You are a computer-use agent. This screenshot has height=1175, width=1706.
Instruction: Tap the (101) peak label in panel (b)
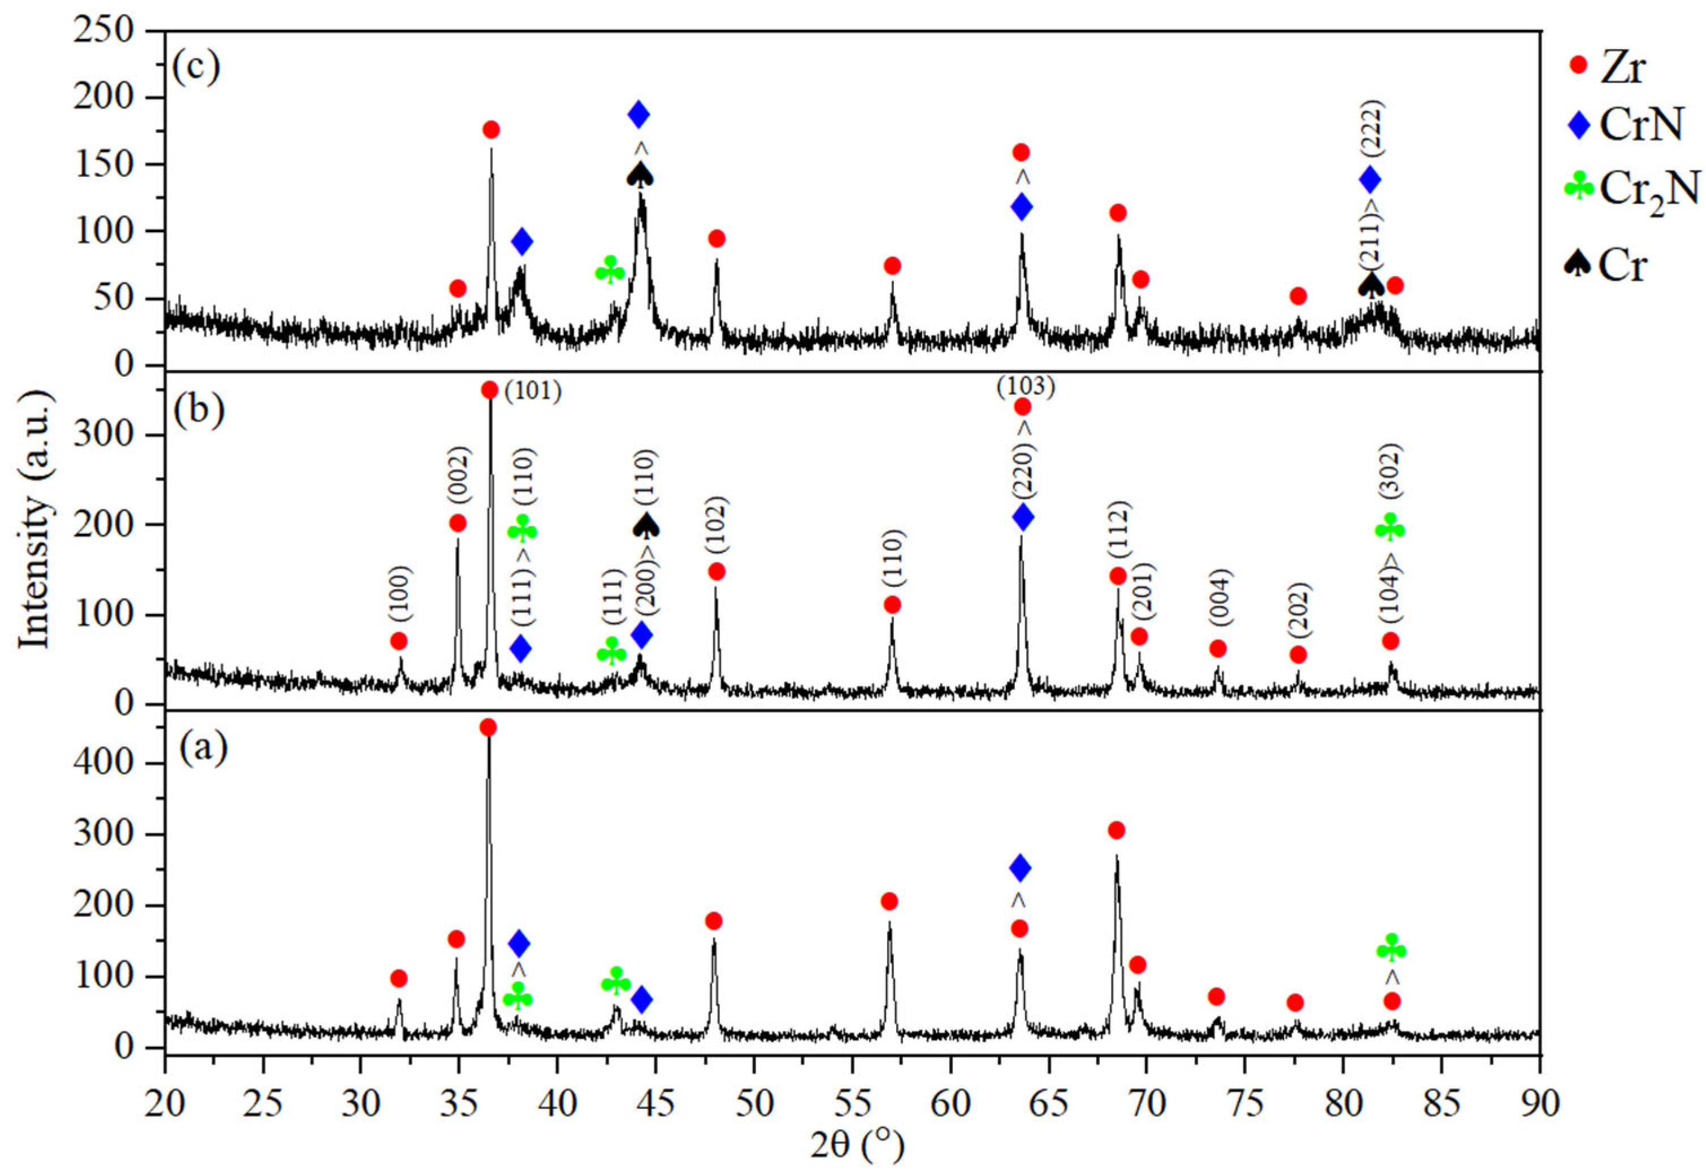533,391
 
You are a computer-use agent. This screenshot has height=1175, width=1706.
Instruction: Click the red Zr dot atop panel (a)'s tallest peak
488,728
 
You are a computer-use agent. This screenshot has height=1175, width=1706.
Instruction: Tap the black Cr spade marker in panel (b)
646,525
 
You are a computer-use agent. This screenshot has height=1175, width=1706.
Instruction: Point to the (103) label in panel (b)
1026,386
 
